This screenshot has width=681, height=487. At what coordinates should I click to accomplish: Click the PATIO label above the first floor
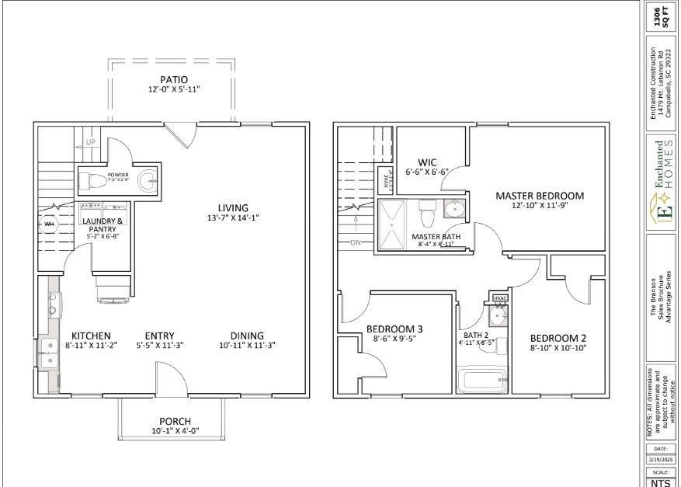[x=174, y=79]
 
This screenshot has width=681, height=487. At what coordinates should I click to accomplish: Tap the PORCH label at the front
[x=175, y=421]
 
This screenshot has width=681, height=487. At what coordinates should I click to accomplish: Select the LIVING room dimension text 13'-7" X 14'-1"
[x=233, y=218]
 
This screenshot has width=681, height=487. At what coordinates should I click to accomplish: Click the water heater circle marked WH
[x=49, y=224]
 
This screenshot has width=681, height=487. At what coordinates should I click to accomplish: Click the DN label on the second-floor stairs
[x=356, y=243]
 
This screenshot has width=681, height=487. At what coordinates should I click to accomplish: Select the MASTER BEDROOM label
[x=540, y=196]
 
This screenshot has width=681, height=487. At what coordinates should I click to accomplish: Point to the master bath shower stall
[x=391, y=224]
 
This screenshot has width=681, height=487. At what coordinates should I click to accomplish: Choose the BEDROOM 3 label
[x=394, y=329]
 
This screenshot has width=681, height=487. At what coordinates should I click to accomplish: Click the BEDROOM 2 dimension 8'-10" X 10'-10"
[x=558, y=349]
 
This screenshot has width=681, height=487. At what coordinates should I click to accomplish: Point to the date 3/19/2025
[x=659, y=460]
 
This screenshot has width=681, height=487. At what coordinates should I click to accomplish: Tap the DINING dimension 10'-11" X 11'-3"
[x=247, y=346]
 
